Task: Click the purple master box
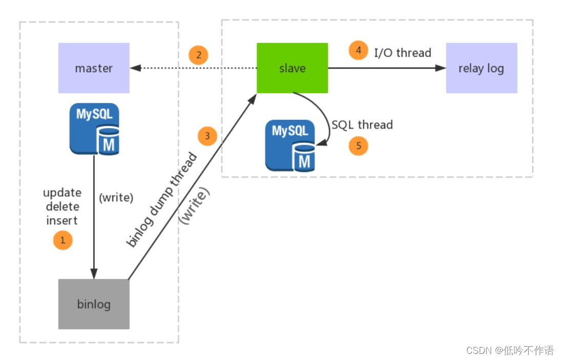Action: point(94,68)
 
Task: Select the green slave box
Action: point(292,68)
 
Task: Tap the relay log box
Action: point(481,68)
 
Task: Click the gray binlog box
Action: point(94,304)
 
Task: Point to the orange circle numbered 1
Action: point(63,239)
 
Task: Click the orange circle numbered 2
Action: point(198,54)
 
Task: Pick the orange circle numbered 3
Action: point(207,136)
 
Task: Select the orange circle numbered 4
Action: point(359,50)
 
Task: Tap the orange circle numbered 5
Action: point(359,145)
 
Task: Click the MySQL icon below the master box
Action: point(94,129)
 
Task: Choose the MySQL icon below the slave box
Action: point(290,145)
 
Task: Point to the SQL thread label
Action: point(362,124)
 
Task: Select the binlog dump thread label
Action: point(161,200)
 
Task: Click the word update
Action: point(62,193)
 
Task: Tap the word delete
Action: point(63,207)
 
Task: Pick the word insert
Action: point(62,220)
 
